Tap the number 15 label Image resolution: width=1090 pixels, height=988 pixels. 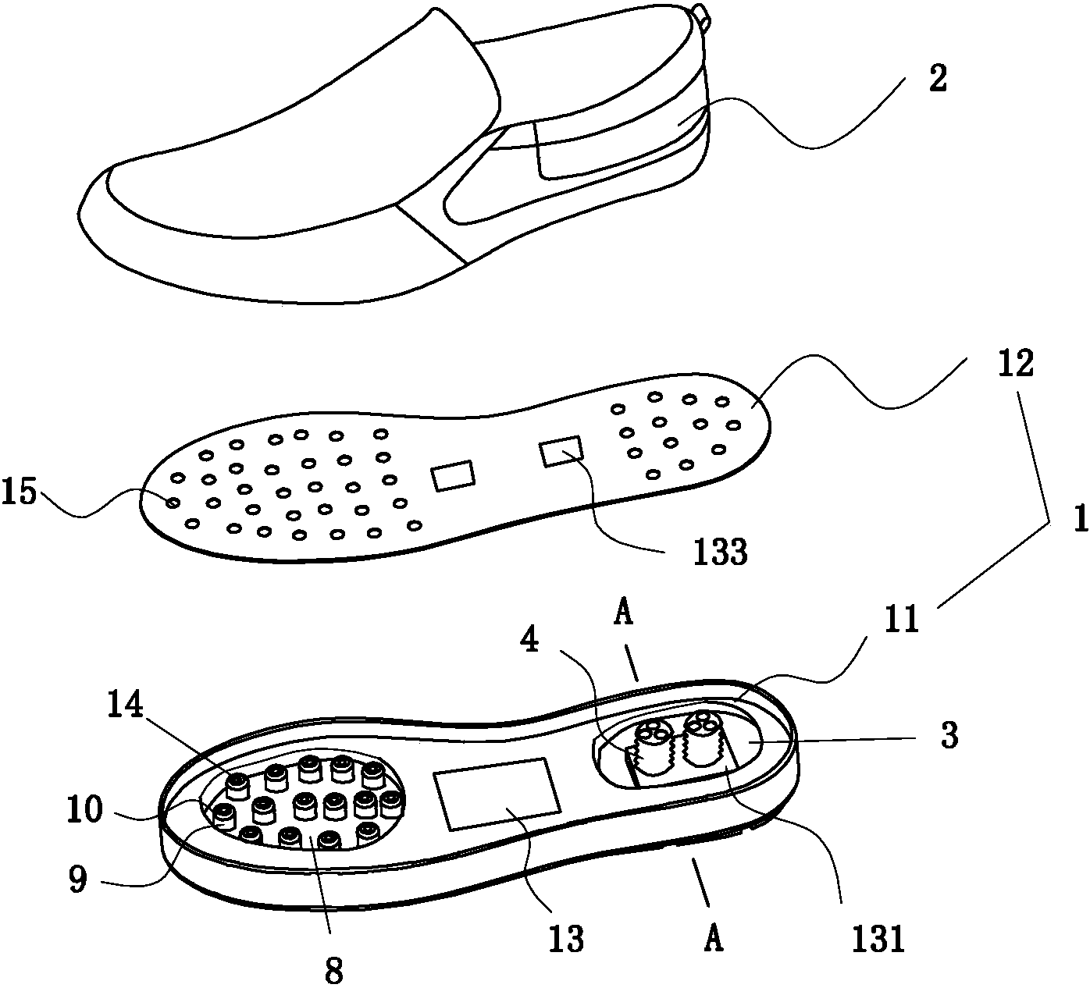(20, 492)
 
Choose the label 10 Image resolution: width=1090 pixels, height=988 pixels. (85, 809)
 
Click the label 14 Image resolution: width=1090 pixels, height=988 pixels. (126, 705)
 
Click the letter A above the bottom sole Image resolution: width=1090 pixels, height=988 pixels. (624, 616)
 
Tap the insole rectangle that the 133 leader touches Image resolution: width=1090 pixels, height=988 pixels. (561, 451)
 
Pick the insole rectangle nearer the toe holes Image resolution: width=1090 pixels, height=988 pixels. (453, 476)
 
